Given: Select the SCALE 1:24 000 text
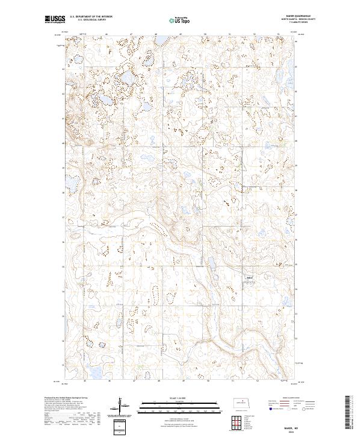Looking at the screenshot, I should [x=164, y=398].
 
